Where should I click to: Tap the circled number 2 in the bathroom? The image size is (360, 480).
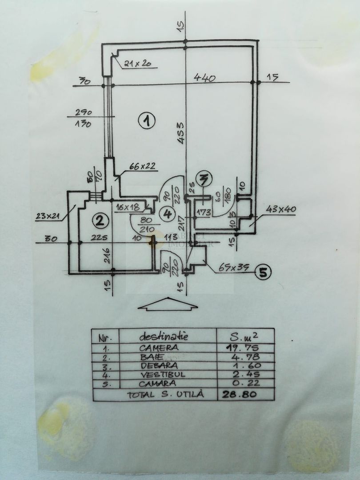click(100, 220)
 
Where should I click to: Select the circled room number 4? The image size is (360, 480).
click(168, 214)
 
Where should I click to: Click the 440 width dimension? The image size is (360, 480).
click(205, 78)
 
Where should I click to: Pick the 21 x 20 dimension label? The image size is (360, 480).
click(138, 64)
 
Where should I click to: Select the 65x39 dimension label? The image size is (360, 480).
click(234, 268)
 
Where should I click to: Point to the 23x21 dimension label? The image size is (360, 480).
click(48, 216)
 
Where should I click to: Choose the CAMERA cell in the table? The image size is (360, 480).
click(159, 348)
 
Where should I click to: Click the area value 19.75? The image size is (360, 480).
click(244, 348)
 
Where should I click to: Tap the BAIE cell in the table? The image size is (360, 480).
click(150, 357)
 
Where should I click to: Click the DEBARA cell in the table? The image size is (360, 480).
click(156, 366)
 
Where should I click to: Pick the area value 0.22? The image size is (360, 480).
click(244, 383)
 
